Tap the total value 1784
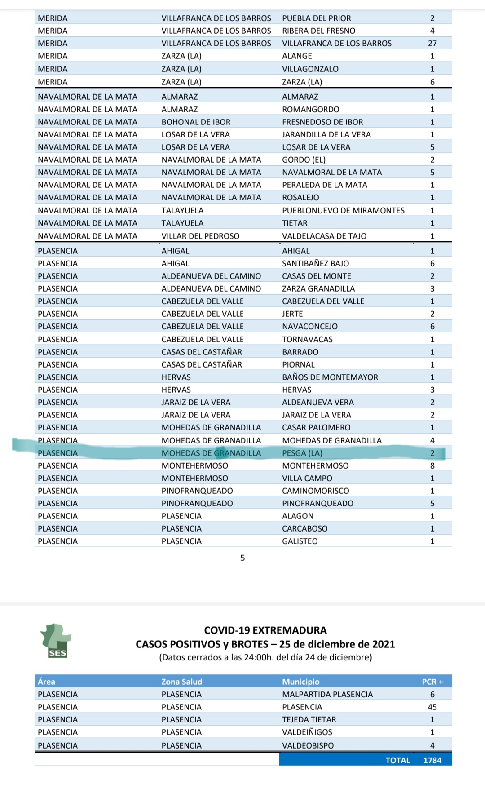tap(432, 760)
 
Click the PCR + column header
tap(432, 682)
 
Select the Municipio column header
tap(300, 682)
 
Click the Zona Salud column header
tap(182, 682)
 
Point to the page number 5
tap(242, 558)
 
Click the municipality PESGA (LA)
tap(302, 453)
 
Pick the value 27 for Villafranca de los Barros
tap(432, 43)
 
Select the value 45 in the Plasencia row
tap(432, 707)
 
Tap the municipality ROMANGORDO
tap(311, 109)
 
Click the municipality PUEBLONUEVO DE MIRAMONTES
tap(343, 210)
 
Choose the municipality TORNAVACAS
tap(307, 339)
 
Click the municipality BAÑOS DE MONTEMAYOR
tap(330, 377)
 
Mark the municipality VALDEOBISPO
tap(308, 745)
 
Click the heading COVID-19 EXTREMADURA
tap(265, 630)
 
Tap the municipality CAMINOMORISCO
tap(316, 491)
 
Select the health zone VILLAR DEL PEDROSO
tap(200, 236)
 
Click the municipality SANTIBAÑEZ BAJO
tap(315, 263)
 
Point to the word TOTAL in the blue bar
tap(397, 760)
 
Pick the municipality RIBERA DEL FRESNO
tap(318, 31)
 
